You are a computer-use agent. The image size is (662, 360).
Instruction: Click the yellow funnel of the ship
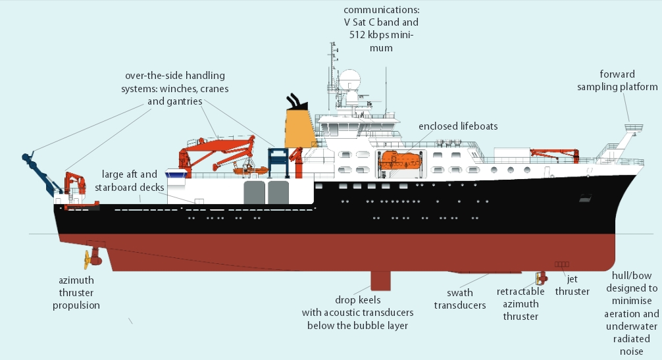pos(300,129)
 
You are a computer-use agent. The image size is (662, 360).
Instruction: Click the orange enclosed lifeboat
pos(401,159)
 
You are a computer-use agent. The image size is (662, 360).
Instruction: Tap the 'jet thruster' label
pos(572,285)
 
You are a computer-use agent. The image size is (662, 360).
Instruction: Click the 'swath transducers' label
pos(460,299)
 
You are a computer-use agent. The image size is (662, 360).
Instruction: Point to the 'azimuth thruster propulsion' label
pos(76,292)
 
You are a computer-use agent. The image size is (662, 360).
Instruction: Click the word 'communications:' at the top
pos(381,11)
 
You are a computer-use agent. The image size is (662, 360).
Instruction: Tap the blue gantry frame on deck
pos(278,162)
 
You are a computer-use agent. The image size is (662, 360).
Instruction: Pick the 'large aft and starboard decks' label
pos(130,181)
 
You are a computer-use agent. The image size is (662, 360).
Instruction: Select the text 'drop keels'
pos(358,300)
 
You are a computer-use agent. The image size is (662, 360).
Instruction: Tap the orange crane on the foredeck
pos(555,155)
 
